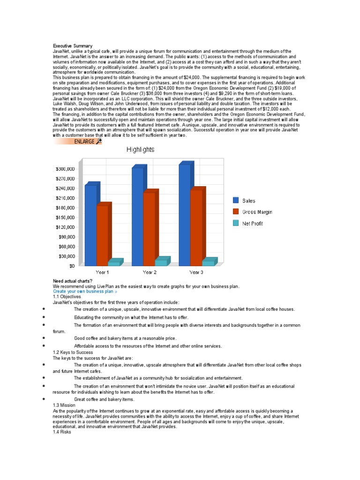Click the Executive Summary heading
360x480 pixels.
pyautogui.click(x=73, y=46)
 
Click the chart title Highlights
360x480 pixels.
pyautogui.click(x=140, y=150)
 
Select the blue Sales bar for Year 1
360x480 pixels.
pyautogui.click(x=90, y=225)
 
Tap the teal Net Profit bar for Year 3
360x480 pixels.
pyautogui.click(x=208, y=263)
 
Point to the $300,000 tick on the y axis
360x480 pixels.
pyautogui.click(x=65, y=169)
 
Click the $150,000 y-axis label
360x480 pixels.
pyautogui.click(x=65, y=217)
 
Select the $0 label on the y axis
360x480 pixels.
pyautogui.click(x=70, y=266)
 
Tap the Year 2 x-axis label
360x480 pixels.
pyautogui.click(x=150, y=272)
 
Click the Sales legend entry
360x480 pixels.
pyautogui.click(x=248, y=201)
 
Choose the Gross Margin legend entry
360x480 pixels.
pyautogui.click(x=257, y=212)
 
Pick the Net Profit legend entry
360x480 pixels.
pyautogui.click(x=252, y=224)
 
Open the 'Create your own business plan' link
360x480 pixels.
pyautogui.click(x=85, y=291)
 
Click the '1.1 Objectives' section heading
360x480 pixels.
pyautogui.click(x=67, y=297)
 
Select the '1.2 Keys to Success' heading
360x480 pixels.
pyautogui.click(x=73, y=352)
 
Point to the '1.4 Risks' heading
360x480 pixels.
pyautogui.click(x=61, y=431)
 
